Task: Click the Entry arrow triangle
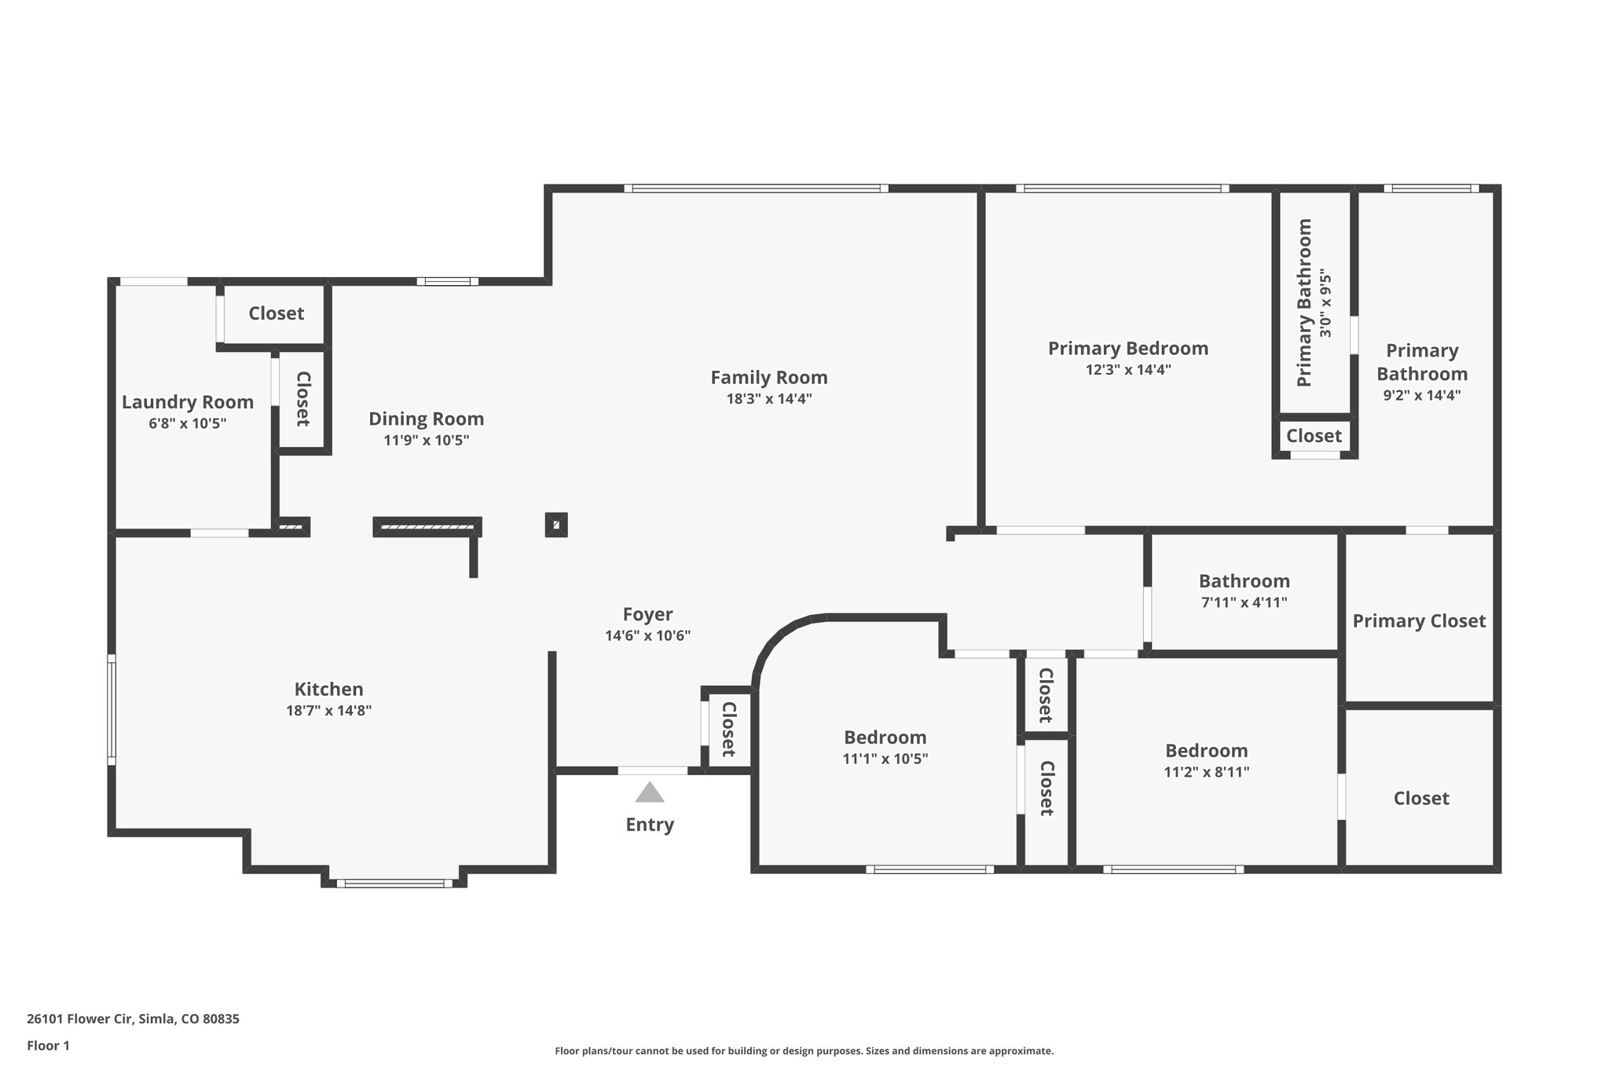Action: pos(649,792)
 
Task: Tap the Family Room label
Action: pos(768,378)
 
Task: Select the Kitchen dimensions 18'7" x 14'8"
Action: pos(328,711)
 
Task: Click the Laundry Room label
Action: pos(187,402)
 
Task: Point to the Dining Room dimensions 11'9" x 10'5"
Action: pos(426,441)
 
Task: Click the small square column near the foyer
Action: pos(556,525)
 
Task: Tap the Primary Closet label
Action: pos(1418,621)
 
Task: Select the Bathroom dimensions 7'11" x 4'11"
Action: pos(1244,603)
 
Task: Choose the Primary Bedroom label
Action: pos(1127,348)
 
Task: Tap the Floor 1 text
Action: pos(48,1046)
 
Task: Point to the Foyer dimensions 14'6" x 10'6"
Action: pos(647,636)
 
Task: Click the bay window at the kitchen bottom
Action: pos(394,884)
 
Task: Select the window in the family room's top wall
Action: pos(756,188)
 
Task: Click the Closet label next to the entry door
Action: pos(728,730)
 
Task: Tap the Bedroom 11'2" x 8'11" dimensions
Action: pos(1206,772)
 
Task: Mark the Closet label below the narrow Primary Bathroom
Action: pos(1314,435)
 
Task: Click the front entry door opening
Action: pos(652,771)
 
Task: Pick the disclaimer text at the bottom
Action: pos(804,1051)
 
